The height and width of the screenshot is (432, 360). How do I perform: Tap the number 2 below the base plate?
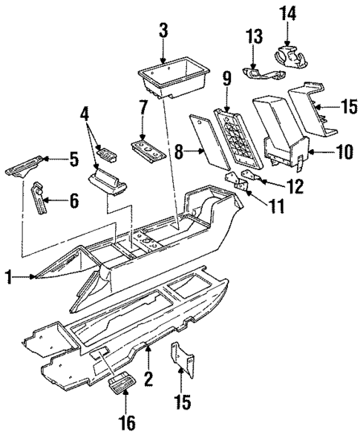(148, 379)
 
